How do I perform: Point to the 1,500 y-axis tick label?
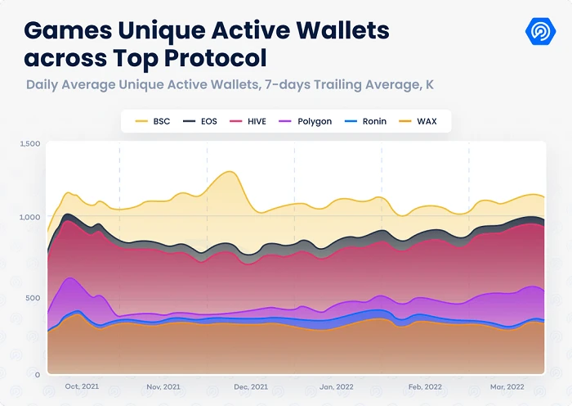[29, 144]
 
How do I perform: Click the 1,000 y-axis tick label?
[29, 218]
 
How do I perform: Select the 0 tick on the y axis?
[37, 374]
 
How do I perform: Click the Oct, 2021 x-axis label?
[82, 386]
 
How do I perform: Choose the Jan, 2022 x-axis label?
[337, 386]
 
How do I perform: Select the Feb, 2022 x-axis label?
[426, 386]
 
